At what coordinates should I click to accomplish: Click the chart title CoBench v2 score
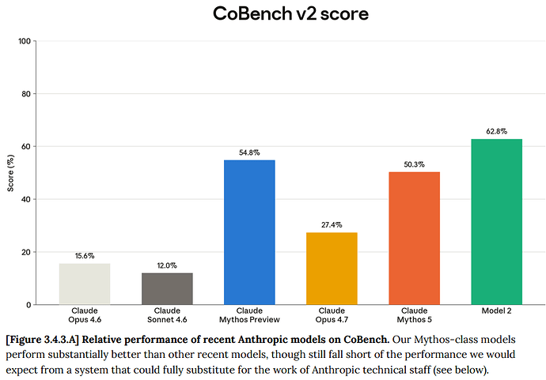click(x=290, y=14)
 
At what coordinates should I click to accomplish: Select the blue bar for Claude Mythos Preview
click(x=249, y=232)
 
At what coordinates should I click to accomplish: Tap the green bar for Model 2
click(x=497, y=222)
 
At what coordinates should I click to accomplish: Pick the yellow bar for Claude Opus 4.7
click(x=332, y=269)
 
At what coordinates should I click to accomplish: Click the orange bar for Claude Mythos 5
click(x=415, y=238)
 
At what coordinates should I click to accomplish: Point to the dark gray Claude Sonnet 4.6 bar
click(x=167, y=289)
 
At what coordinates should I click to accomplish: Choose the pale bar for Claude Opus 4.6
click(x=85, y=284)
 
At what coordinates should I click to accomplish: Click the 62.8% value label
click(x=497, y=131)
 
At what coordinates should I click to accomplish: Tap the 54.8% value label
click(x=249, y=152)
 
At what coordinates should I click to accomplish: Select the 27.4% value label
click(x=332, y=225)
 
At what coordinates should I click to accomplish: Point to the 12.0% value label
click(x=167, y=265)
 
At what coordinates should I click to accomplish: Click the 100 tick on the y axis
click(x=25, y=41)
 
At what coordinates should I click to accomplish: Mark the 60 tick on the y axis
click(x=26, y=147)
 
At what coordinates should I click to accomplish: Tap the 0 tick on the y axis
click(x=28, y=305)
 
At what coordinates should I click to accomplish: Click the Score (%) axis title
click(x=10, y=173)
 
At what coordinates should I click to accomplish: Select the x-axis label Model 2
click(x=497, y=310)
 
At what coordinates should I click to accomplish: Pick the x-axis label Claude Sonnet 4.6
click(x=167, y=315)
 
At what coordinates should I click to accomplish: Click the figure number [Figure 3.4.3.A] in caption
click(x=43, y=340)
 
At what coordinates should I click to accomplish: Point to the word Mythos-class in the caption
click(x=438, y=340)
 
